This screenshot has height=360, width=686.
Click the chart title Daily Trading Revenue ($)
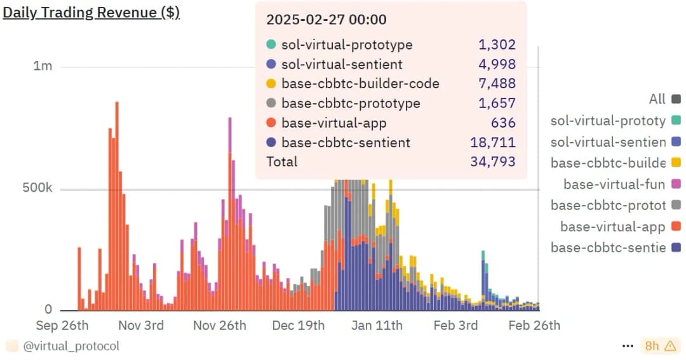pyautogui.click(x=91, y=13)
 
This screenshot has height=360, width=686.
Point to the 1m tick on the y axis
pyautogui.click(x=43, y=66)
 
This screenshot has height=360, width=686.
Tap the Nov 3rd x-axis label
pyautogui.click(x=140, y=326)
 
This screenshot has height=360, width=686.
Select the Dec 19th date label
pyautogui.click(x=299, y=326)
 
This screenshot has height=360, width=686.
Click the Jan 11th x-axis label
pyautogui.click(x=377, y=326)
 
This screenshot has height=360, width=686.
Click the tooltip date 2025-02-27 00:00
pyautogui.click(x=326, y=20)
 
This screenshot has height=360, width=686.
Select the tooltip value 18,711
pyautogui.click(x=496, y=143)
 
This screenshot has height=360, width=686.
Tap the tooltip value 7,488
pyautogui.click(x=497, y=84)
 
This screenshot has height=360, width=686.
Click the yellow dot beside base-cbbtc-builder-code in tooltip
pyautogui.click(x=271, y=84)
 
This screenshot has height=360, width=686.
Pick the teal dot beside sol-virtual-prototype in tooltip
pyautogui.click(x=271, y=45)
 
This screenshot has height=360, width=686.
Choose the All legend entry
pyautogui.click(x=657, y=99)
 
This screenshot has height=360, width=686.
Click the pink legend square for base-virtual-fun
pyautogui.click(x=676, y=185)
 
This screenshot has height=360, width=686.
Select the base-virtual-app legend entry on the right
pyautogui.click(x=612, y=227)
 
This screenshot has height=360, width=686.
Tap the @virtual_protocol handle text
pyautogui.click(x=71, y=346)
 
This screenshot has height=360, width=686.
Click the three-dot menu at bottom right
pyautogui.click(x=628, y=346)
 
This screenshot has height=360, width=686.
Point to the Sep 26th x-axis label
pyautogui.click(x=62, y=326)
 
